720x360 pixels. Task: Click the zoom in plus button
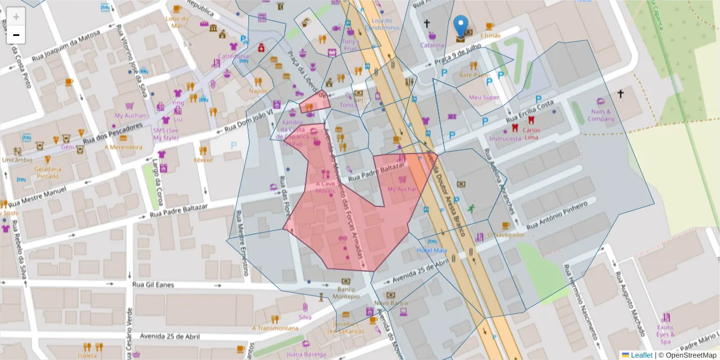coord(16,17)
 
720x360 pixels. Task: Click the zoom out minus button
coord(16,35)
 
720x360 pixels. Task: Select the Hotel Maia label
coord(432,250)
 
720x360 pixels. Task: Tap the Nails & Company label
coord(601,115)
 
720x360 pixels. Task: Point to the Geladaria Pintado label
coord(48,173)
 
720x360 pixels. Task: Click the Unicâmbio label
coord(17,160)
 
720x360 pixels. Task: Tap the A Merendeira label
coord(123,146)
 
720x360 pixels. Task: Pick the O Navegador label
coord(506,235)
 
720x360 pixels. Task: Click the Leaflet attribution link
coord(641,355)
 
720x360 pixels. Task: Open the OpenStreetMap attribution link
coord(691,355)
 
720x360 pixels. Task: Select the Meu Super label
coord(484,97)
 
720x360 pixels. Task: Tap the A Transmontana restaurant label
coord(275,328)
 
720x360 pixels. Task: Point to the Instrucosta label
coord(505,139)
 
